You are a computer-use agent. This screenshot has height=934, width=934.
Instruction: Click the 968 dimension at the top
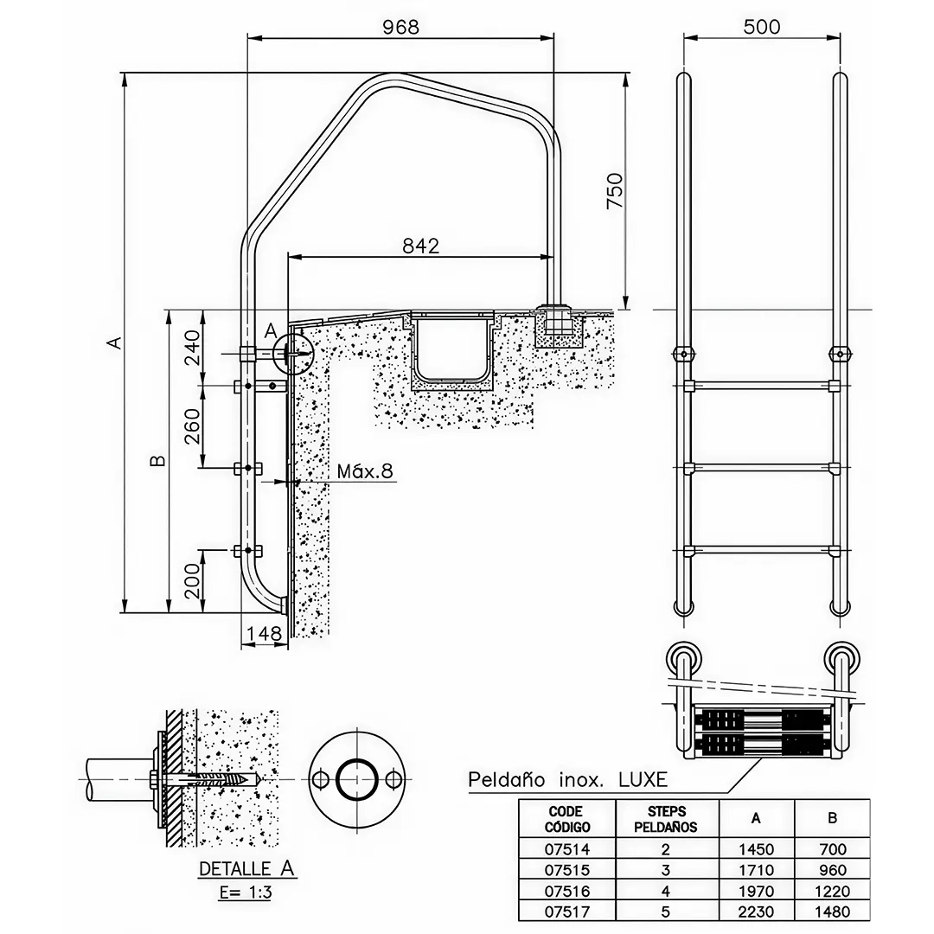[401, 27]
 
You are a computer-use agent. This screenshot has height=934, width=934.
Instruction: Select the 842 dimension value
[420, 246]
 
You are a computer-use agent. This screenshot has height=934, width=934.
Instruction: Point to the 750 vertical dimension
[614, 190]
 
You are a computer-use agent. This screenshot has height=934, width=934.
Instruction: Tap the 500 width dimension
[762, 27]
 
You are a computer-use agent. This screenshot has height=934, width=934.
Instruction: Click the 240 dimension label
[192, 349]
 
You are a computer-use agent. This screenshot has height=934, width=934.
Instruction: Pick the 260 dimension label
[192, 425]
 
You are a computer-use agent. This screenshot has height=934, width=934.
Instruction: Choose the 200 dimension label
[192, 581]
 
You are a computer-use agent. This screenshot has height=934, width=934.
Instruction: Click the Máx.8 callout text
[365, 471]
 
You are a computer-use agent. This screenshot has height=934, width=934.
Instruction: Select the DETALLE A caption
[246, 868]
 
